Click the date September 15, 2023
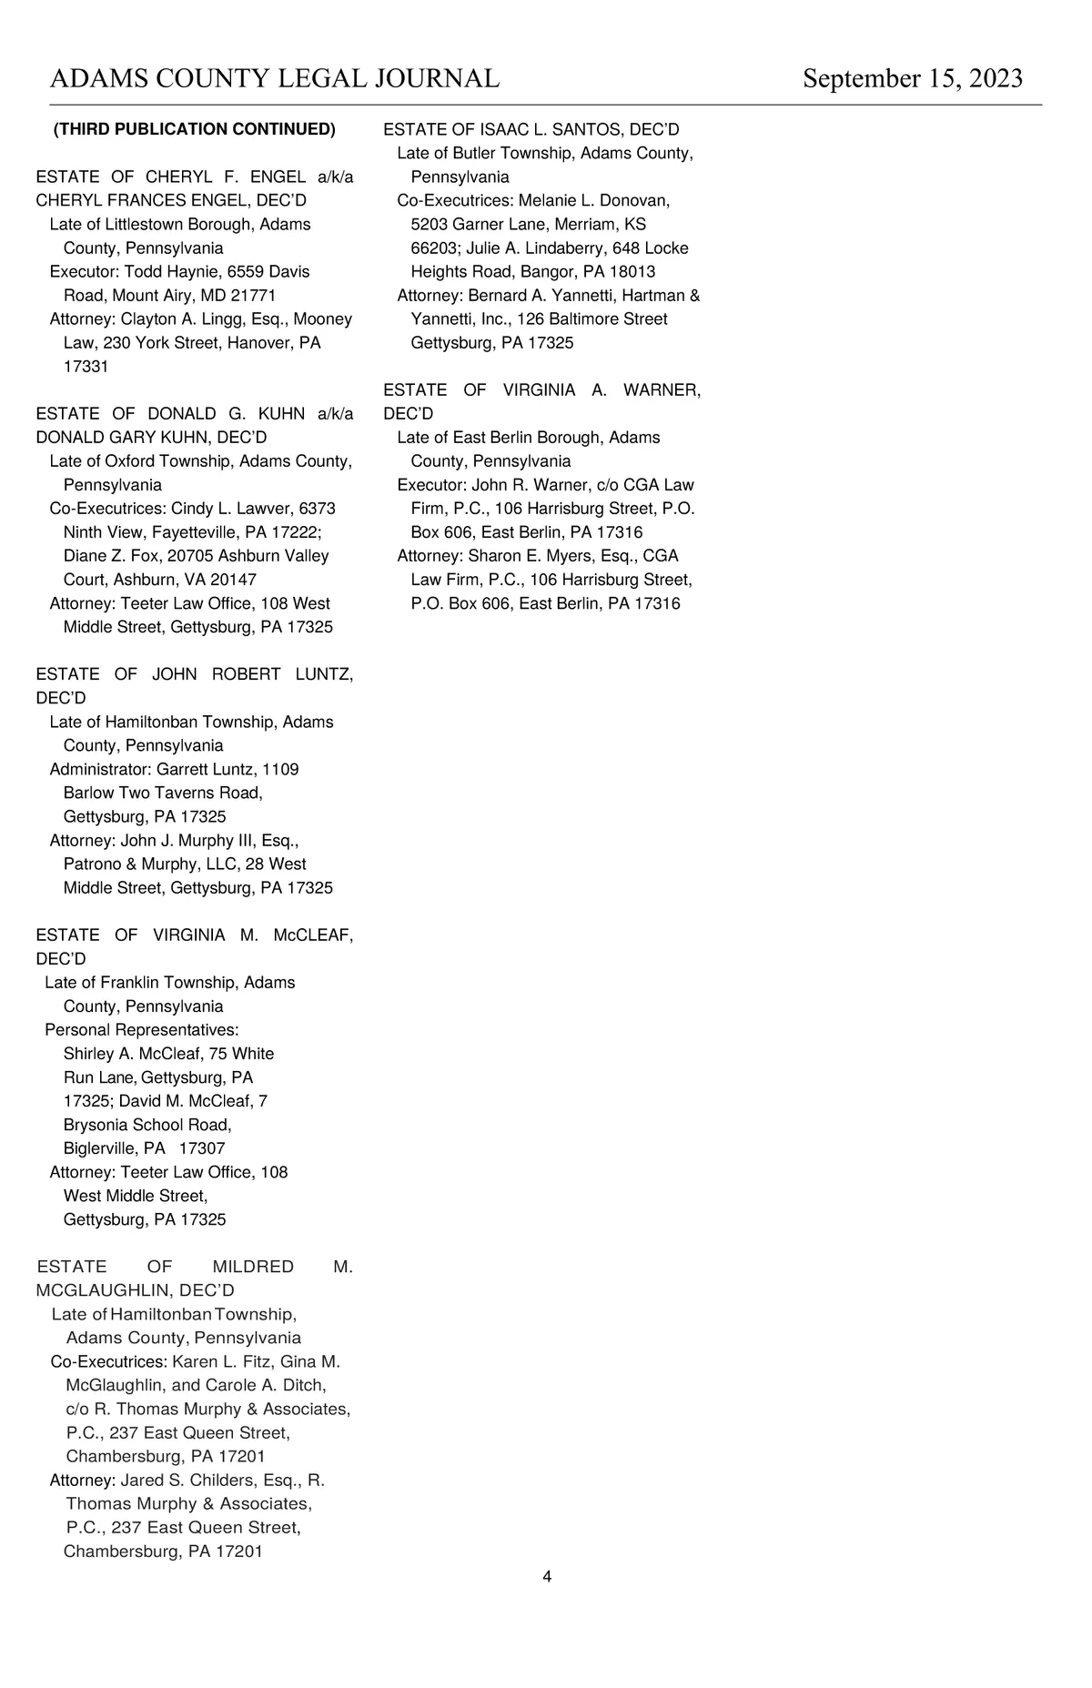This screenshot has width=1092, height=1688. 913,79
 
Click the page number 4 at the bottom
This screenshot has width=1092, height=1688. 547,1576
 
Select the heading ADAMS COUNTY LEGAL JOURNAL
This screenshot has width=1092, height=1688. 274,79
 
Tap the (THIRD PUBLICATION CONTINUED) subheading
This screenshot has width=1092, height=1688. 195,129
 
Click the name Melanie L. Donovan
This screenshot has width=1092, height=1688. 593,200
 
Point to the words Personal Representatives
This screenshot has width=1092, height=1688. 141,1029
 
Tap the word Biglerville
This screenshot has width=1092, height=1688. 100,1148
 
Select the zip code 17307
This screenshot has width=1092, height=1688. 202,1148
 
